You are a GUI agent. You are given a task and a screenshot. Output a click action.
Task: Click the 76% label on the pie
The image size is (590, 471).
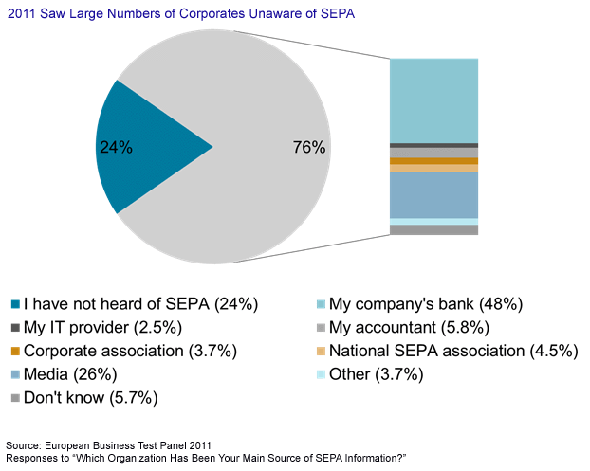(x=309, y=147)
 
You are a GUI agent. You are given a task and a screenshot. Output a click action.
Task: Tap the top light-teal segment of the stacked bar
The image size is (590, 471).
(x=433, y=100)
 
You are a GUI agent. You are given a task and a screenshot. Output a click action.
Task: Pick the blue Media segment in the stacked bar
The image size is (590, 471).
(x=433, y=195)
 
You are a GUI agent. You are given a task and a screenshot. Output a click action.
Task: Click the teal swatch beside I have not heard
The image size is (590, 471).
(x=16, y=304)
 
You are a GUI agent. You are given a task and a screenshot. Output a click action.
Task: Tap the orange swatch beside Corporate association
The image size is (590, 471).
(x=16, y=352)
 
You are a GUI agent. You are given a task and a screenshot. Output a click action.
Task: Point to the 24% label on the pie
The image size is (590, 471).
(x=116, y=147)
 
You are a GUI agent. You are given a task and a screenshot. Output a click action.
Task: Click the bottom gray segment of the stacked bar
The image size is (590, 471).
(x=433, y=229)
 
